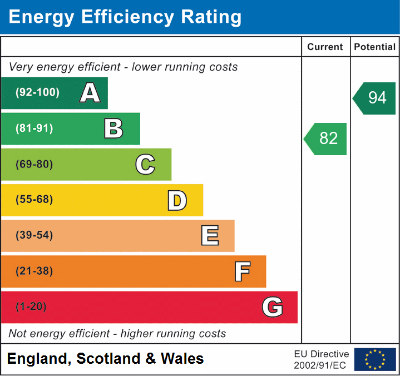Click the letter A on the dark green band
pos(90,93)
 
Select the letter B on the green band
pos(113,128)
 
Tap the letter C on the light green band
pos(145,164)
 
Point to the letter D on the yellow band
pos(177,200)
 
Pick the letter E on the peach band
pos(210,236)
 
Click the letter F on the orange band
pos(242,271)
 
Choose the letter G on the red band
pos(273,307)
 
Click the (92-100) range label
pos(37,93)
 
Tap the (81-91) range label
pos(34,128)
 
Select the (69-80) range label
pos(34,164)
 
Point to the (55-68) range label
pos(34,200)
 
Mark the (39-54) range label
pos(34,235)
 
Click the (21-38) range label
pos(34,271)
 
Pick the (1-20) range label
pos(31,307)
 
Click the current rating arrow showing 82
pos(326,138)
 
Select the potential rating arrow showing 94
pos(375,98)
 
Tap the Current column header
pos(325,47)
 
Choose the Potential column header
pos(375,47)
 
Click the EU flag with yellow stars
pos(375,359)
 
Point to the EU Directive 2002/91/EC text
pos(322,359)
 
